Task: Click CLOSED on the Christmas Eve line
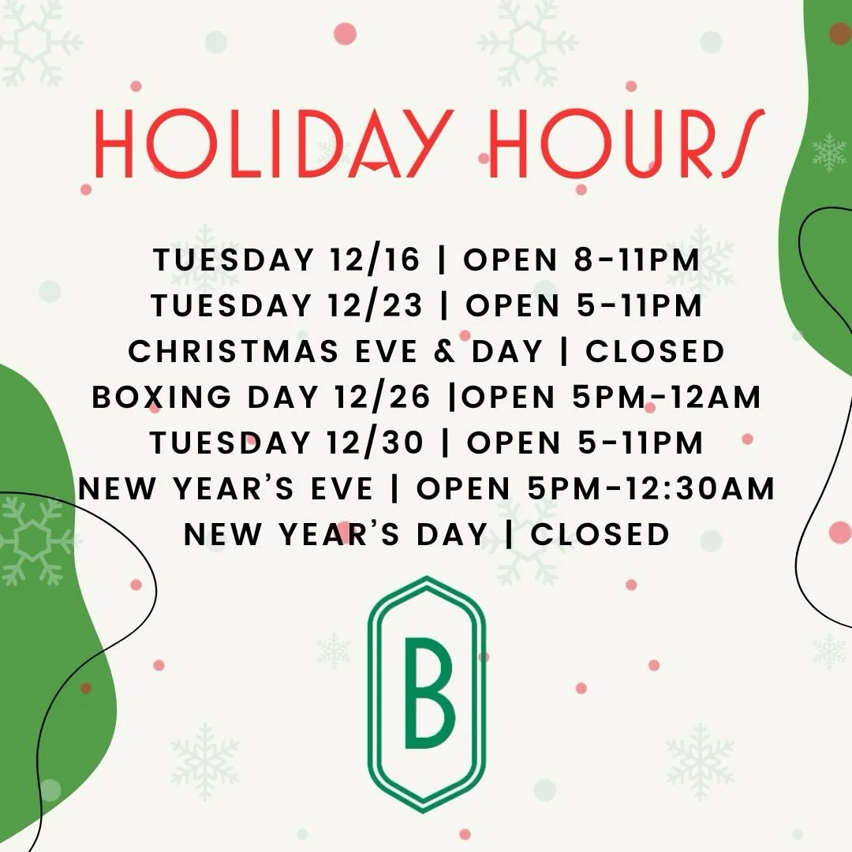point(655,352)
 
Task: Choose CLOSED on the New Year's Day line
point(600,535)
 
